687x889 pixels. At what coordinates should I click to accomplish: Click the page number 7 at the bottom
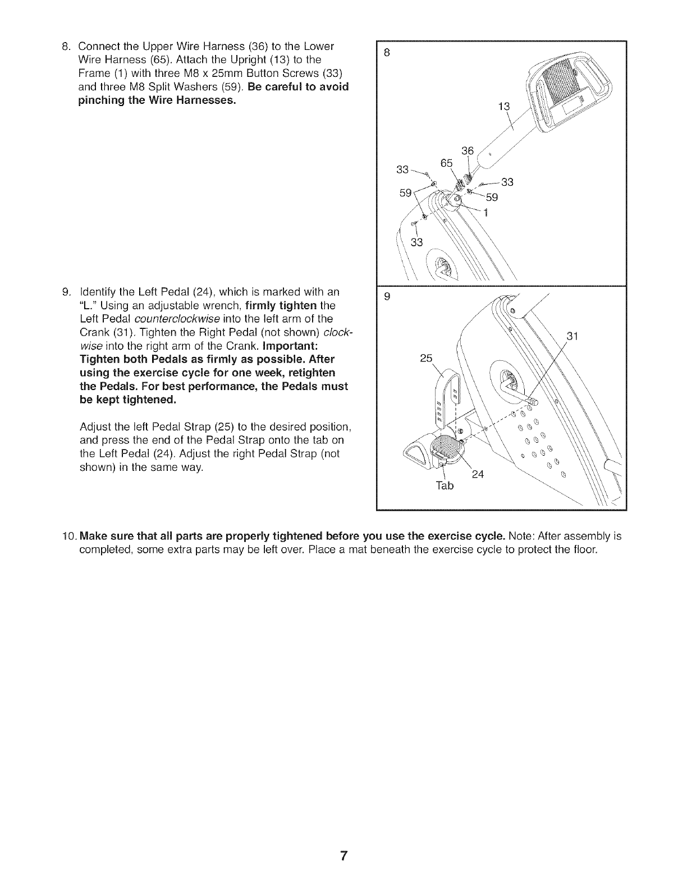coord(344,856)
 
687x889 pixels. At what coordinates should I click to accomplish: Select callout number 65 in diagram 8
coord(447,163)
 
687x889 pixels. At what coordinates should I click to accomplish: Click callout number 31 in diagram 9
coord(572,337)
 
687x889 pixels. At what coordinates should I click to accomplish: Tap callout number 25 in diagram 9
coord(426,358)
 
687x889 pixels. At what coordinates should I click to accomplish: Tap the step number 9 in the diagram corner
coord(386,298)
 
